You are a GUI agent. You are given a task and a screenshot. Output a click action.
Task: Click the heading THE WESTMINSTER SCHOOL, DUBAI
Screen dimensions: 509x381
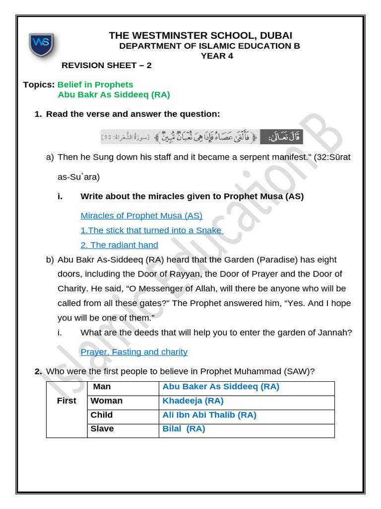coord(200,35)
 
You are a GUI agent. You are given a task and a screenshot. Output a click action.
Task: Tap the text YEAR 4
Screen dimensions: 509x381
coord(217,56)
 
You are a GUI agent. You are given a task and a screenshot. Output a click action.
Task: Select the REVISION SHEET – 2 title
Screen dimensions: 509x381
coord(107,66)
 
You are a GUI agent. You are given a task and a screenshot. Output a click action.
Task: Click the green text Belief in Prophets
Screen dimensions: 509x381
coord(95,85)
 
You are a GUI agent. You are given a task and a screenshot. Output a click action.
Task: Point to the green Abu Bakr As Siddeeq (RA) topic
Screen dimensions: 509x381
coord(114,94)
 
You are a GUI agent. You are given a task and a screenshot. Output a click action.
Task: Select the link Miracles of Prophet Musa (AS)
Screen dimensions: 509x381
coord(141,216)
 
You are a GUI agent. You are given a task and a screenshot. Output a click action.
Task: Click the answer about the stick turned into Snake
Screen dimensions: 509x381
coord(152,230)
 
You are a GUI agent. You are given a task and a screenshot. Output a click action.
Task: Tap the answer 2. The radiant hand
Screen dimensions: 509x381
coord(119,245)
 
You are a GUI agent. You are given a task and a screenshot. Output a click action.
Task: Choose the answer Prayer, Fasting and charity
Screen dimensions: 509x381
coord(134,352)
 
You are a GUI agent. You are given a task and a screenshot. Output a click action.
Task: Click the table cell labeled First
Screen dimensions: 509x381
coord(66,401)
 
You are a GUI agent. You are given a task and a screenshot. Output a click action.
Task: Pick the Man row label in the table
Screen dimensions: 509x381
coord(102,387)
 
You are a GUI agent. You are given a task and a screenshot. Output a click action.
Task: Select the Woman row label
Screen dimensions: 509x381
coord(106,401)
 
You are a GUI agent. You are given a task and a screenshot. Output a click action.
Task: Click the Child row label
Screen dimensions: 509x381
coord(102,415)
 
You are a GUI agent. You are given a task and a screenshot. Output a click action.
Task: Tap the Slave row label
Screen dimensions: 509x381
coord(102,428)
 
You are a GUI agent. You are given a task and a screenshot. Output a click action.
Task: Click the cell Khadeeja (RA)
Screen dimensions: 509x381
coord(193,401)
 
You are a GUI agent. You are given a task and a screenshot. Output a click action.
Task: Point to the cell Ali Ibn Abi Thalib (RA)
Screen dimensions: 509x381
coord(209,415)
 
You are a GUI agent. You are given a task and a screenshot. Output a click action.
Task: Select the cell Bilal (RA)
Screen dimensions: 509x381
coord(184,428)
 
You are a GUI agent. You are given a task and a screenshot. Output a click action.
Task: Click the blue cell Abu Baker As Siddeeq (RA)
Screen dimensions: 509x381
coord(221,387)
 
